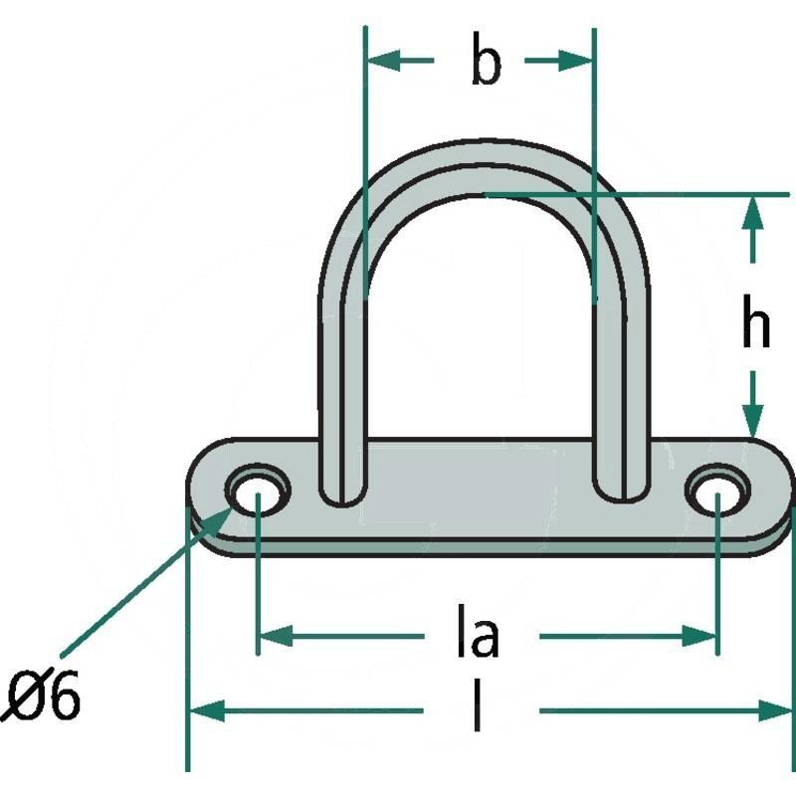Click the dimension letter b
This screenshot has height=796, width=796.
pos(486,60)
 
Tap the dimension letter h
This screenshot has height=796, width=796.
pos(755,321)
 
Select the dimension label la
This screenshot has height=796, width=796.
pos(479,631)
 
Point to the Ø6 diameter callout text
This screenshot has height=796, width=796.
pos(42,695)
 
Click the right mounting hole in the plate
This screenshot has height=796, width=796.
pos(717,494)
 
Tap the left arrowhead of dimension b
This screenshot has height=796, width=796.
pos(383,61)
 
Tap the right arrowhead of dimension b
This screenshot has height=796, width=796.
pos(576,61)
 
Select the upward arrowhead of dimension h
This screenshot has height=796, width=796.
pos(752,212)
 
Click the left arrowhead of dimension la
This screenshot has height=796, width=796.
pos(277,636)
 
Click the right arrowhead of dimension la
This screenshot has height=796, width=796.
pos(698,636)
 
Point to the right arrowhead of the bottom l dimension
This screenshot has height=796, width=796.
pos(775,710)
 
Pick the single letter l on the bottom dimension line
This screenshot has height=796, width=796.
pos(478,706)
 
